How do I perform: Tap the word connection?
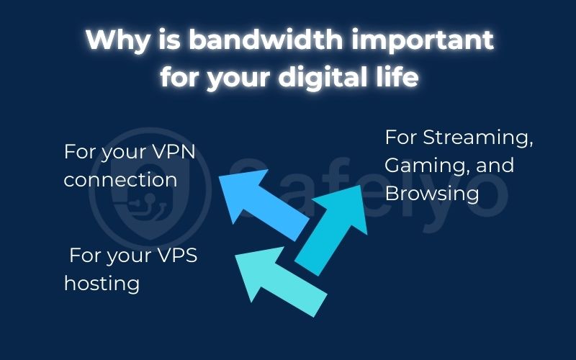point(120,179)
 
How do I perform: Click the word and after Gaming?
point(496,165)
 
